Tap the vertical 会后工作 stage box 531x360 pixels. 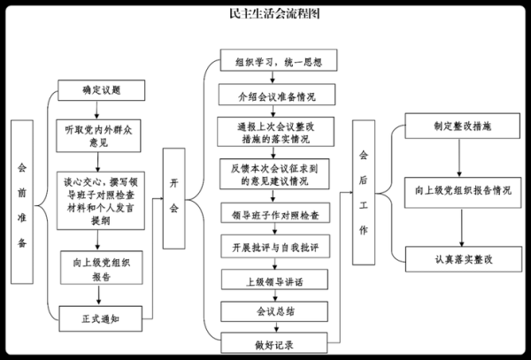[x=363, y=193]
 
